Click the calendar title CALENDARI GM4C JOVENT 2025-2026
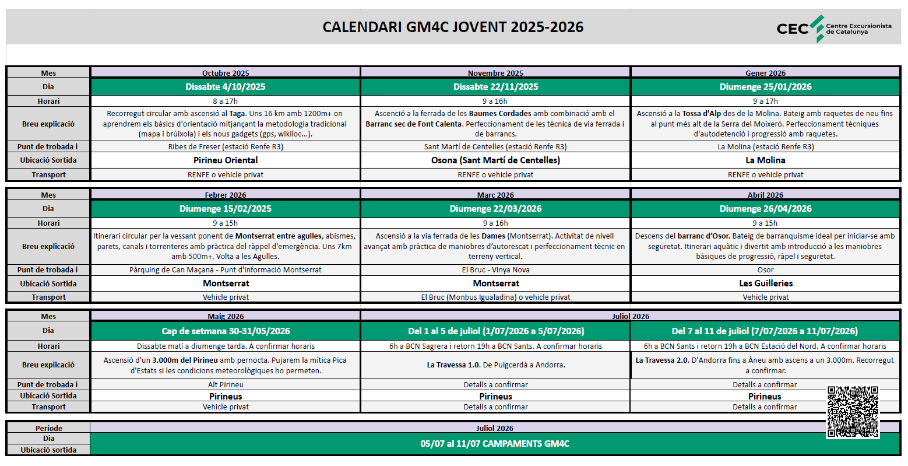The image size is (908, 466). tap(453, 27)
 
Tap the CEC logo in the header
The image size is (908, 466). tap(833, 29)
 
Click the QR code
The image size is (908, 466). tap(853, 412)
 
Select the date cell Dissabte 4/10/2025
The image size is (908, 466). tap(226, 87)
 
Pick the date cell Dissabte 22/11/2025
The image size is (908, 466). tap(495, 87)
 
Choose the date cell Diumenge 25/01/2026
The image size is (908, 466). tap(765, 87)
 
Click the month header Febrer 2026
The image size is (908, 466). tap(226, 195)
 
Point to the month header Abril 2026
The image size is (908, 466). tap(765, 195)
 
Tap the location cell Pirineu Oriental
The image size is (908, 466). tap(226, 160)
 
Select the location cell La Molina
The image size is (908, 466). tap(765, 160)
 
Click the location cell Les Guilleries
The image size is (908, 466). tap(765, 283)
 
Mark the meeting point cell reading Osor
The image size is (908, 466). tap(765, 270)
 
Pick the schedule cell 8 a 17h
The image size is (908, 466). tap(226, 101)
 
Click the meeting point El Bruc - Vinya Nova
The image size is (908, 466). tap(495, 270)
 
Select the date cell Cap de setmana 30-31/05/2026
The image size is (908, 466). tap(226, 331)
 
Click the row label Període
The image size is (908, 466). tap(48, 428)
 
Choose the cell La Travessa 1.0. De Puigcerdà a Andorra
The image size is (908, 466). tap(495, 365)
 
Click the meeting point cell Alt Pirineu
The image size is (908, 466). tap(226, 385)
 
